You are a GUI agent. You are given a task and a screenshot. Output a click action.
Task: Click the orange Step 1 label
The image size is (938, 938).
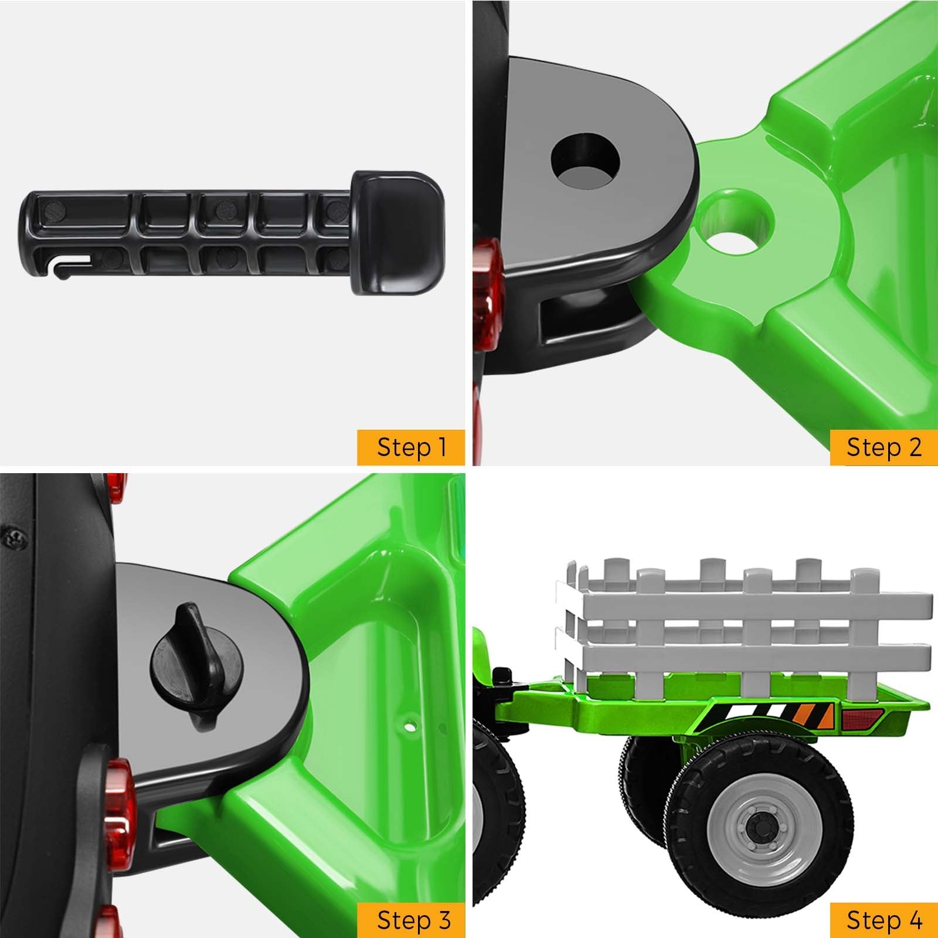(411, 447)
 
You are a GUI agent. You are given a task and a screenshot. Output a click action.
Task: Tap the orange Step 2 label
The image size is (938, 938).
(883, 447)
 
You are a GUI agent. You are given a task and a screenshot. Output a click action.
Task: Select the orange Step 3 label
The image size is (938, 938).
(411, 920)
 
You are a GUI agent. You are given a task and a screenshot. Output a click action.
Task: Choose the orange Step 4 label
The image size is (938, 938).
(883, 920)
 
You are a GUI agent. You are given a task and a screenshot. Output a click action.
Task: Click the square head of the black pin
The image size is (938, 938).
(397, 233)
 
